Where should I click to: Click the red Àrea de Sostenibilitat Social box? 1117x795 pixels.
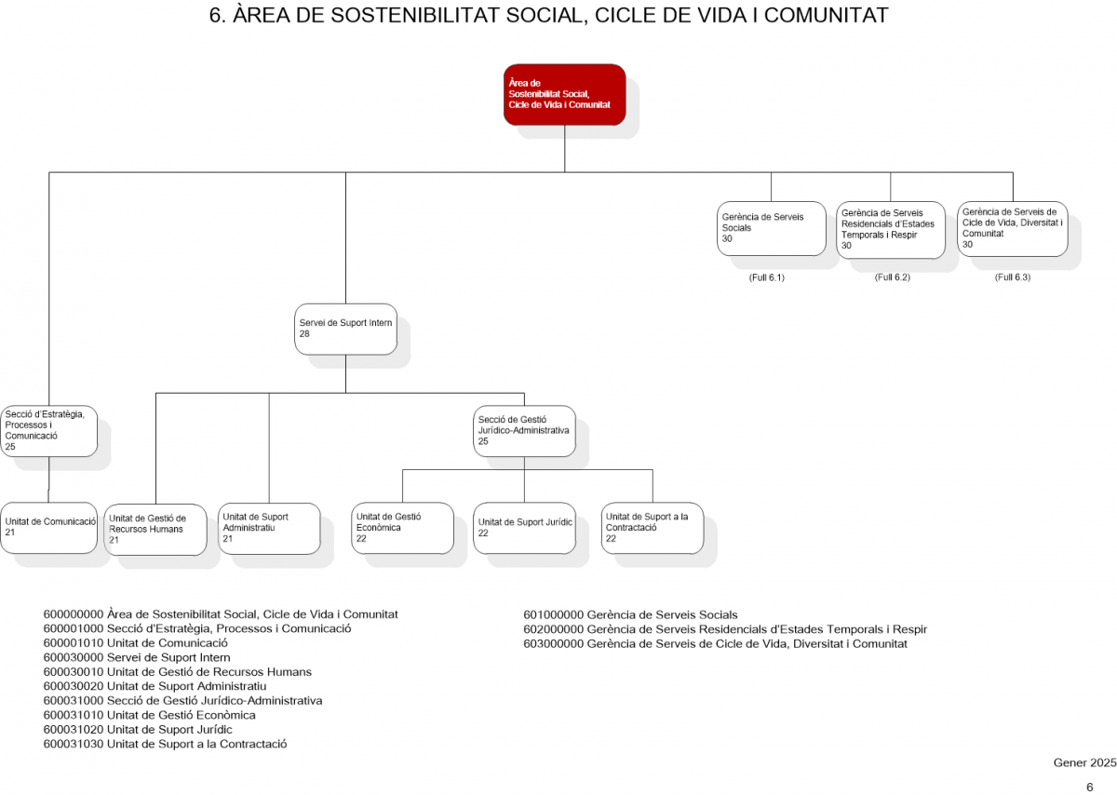click(x=564, y=94)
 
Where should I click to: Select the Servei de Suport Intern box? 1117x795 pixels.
click(x=345, y=330)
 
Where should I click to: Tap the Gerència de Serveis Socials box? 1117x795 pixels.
click(x=771, y=228)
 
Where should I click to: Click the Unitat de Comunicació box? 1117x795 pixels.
click(x=48, y=528)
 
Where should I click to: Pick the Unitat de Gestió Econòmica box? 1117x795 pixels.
click(x=402, y=528)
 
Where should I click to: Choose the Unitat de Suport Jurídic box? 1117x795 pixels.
click(x=524, y=528)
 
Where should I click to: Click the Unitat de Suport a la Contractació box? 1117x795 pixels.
click(x=653, y=528)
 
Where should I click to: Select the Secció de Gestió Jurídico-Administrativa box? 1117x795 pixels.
click(x=524, y=431)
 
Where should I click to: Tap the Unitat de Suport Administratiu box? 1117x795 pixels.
click(x=269, y=529)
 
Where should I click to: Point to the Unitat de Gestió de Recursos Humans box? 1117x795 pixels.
click(x=155, y=530)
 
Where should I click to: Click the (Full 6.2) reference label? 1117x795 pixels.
click(x=892, y=277)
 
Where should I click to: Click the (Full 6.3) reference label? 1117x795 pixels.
click(x=1013, y=277)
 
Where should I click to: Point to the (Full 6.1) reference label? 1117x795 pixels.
click(x=766, y=277)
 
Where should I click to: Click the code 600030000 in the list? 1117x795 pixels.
click(x=74, y=657)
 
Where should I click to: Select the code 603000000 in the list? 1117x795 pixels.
click(x=553, y=644)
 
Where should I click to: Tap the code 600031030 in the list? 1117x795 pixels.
click(x=74, y=744)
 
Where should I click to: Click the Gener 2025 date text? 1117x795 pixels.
click(x=1084, y=762)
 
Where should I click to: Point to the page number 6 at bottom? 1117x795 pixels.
click(x=1090, y=787)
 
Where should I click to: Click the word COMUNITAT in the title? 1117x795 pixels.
click(x=827, y=16)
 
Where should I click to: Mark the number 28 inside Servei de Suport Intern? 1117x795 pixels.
click(x=304, y=334)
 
